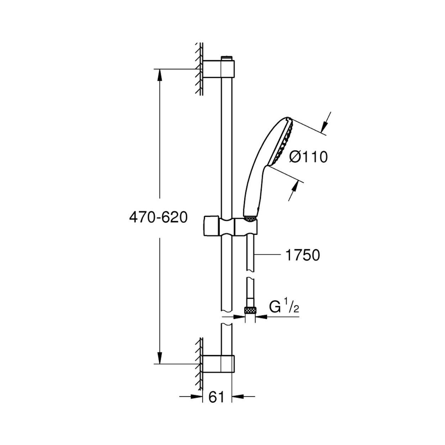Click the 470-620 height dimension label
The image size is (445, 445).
[158, 218]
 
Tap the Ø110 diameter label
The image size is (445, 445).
[309, 157]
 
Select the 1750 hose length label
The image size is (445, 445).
[303, 255]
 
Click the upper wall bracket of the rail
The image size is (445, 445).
[219, 69]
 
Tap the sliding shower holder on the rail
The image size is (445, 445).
[230, 226]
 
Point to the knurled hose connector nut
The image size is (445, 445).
[250, 310]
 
